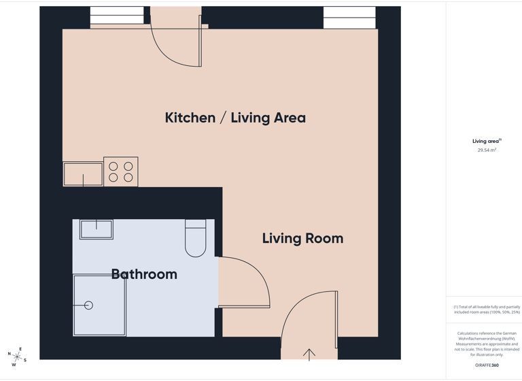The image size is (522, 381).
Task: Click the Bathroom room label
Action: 144,274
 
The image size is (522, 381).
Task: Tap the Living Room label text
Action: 302,238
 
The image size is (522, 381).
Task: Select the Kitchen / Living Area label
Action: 235,118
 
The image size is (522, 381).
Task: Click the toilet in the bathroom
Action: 195,239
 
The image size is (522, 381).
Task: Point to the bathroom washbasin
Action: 97,229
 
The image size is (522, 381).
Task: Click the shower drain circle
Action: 88,305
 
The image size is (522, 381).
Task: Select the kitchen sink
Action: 83,174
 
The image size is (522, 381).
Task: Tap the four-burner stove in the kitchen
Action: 121,171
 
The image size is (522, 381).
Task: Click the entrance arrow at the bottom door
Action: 309,354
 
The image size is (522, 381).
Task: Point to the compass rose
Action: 17,357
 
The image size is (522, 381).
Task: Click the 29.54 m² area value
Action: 487,150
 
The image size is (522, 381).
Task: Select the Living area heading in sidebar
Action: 486,141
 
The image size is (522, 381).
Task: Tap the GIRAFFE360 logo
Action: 487,365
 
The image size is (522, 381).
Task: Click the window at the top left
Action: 117,16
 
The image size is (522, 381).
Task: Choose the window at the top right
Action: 349,18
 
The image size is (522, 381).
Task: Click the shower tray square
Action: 99,305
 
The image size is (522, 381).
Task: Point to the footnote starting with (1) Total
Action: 487,310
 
